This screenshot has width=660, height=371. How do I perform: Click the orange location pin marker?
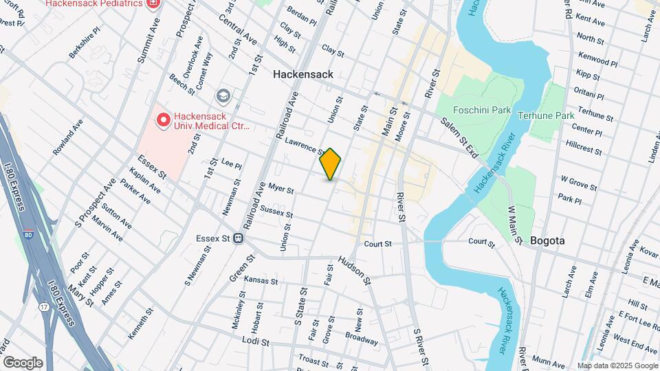click(330, 164)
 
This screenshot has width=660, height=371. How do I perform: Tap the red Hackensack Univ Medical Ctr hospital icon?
click(164, 121)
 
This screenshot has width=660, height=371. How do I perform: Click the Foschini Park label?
click(477, 109)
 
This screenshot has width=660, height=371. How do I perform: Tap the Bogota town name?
click(547, 240)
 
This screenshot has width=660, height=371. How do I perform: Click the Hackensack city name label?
click(302, 74)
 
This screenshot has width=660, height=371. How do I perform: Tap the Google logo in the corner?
click(23, 362)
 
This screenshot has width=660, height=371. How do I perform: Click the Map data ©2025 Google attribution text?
click(617, 366)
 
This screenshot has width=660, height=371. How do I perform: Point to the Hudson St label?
click(354, 271)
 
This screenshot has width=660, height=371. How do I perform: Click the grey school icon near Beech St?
click(223, 95)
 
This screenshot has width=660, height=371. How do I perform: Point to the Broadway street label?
click(361, 339)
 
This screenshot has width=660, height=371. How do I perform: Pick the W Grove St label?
click(578, 182)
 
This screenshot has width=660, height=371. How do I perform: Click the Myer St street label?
click(281, 188)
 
